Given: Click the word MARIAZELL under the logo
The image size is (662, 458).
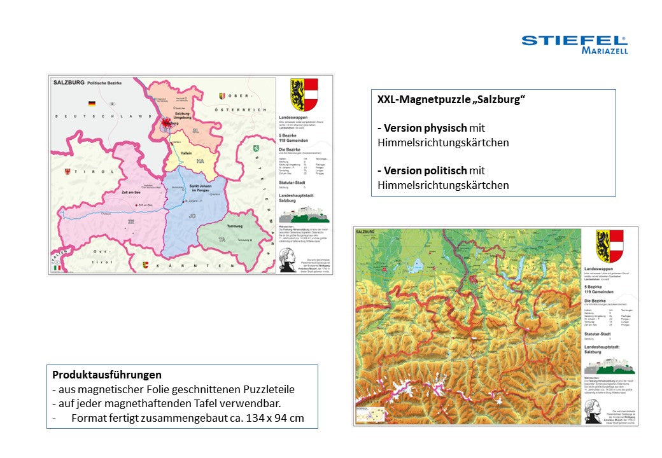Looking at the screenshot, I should coord(604,51).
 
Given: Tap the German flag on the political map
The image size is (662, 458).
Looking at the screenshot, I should coord(92,103).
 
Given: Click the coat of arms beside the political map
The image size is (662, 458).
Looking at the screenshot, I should coord(304,95).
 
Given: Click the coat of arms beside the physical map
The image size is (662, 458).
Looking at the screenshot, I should coord(609,246).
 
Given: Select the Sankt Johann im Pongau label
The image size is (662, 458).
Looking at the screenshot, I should coord(201,189).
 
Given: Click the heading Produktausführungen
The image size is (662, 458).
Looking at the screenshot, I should coord(107,375).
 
